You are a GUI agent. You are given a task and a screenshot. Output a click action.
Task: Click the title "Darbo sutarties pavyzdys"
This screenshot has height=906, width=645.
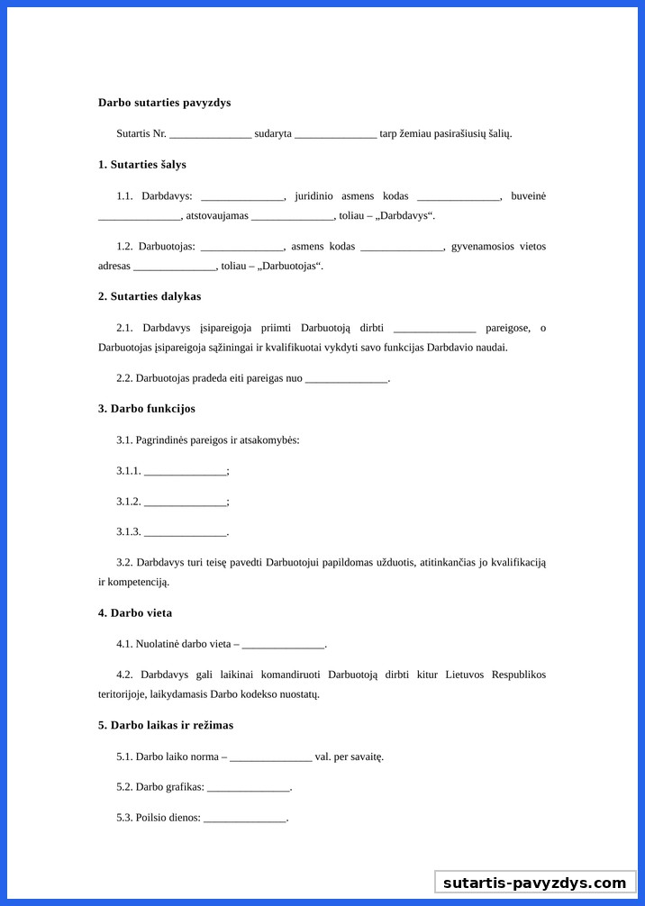(x=164, y=103)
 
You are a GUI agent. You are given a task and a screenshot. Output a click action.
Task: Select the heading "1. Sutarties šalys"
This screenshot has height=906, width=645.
(x=142, y=165)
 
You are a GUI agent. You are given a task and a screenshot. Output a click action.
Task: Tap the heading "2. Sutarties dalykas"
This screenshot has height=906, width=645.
(x=150, y=296)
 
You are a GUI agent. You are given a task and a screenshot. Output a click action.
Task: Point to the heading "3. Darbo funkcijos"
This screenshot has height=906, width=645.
(x=147, y=409)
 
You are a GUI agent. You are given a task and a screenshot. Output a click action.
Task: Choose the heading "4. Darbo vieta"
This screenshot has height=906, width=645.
(x=135, y=613)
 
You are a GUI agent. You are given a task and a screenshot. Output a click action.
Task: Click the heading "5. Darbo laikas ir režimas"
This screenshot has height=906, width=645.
(x=166, y=725)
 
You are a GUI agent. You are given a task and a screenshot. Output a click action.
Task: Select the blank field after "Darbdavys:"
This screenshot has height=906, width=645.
(x=242, y=196)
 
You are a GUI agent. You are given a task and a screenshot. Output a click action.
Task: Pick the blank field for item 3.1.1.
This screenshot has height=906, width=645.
(x=186, y=471)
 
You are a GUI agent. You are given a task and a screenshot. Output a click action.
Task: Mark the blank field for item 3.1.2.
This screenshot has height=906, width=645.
(x=186, y=502)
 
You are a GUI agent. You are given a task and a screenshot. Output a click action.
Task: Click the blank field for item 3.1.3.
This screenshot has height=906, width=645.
(x=186, y=532)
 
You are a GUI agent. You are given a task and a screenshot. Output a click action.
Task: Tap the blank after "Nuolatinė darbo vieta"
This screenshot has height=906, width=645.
(x=283, y=645)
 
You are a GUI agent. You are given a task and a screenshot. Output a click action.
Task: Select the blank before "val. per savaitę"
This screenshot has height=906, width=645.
(x=271, y=757)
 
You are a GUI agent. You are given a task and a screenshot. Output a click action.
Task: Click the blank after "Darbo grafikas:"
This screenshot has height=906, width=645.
(x=249, y=787)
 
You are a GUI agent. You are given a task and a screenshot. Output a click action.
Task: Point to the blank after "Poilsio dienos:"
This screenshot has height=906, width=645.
(x=245, y=818)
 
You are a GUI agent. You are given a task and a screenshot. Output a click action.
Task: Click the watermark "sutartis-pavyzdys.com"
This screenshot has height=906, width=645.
(x=534, y=883)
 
